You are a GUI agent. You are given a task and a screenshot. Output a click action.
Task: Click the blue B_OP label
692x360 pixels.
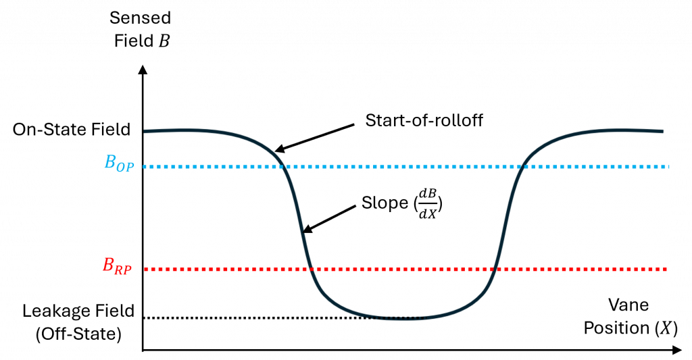118,163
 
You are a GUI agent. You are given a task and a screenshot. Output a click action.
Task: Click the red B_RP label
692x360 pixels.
116,266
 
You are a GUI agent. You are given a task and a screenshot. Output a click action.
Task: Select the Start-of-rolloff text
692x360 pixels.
424,121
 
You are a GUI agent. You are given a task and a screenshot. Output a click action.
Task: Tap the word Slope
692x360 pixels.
385,203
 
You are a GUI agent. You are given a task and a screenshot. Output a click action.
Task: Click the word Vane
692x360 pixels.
628,305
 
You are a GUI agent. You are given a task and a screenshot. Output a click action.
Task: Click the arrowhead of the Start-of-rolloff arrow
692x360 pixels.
277,150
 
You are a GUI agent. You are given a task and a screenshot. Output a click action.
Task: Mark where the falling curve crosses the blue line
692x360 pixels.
285,166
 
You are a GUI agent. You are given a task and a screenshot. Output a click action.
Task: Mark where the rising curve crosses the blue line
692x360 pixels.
521,166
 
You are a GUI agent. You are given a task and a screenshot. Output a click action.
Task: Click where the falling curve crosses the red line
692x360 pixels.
310,269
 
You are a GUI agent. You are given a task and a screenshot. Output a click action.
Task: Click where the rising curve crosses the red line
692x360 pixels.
496,269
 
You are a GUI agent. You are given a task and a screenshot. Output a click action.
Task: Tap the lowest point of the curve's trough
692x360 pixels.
403,318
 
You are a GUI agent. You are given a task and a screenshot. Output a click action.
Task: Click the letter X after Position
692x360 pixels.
665,328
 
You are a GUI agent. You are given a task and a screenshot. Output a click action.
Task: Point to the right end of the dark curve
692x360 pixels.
662,132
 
